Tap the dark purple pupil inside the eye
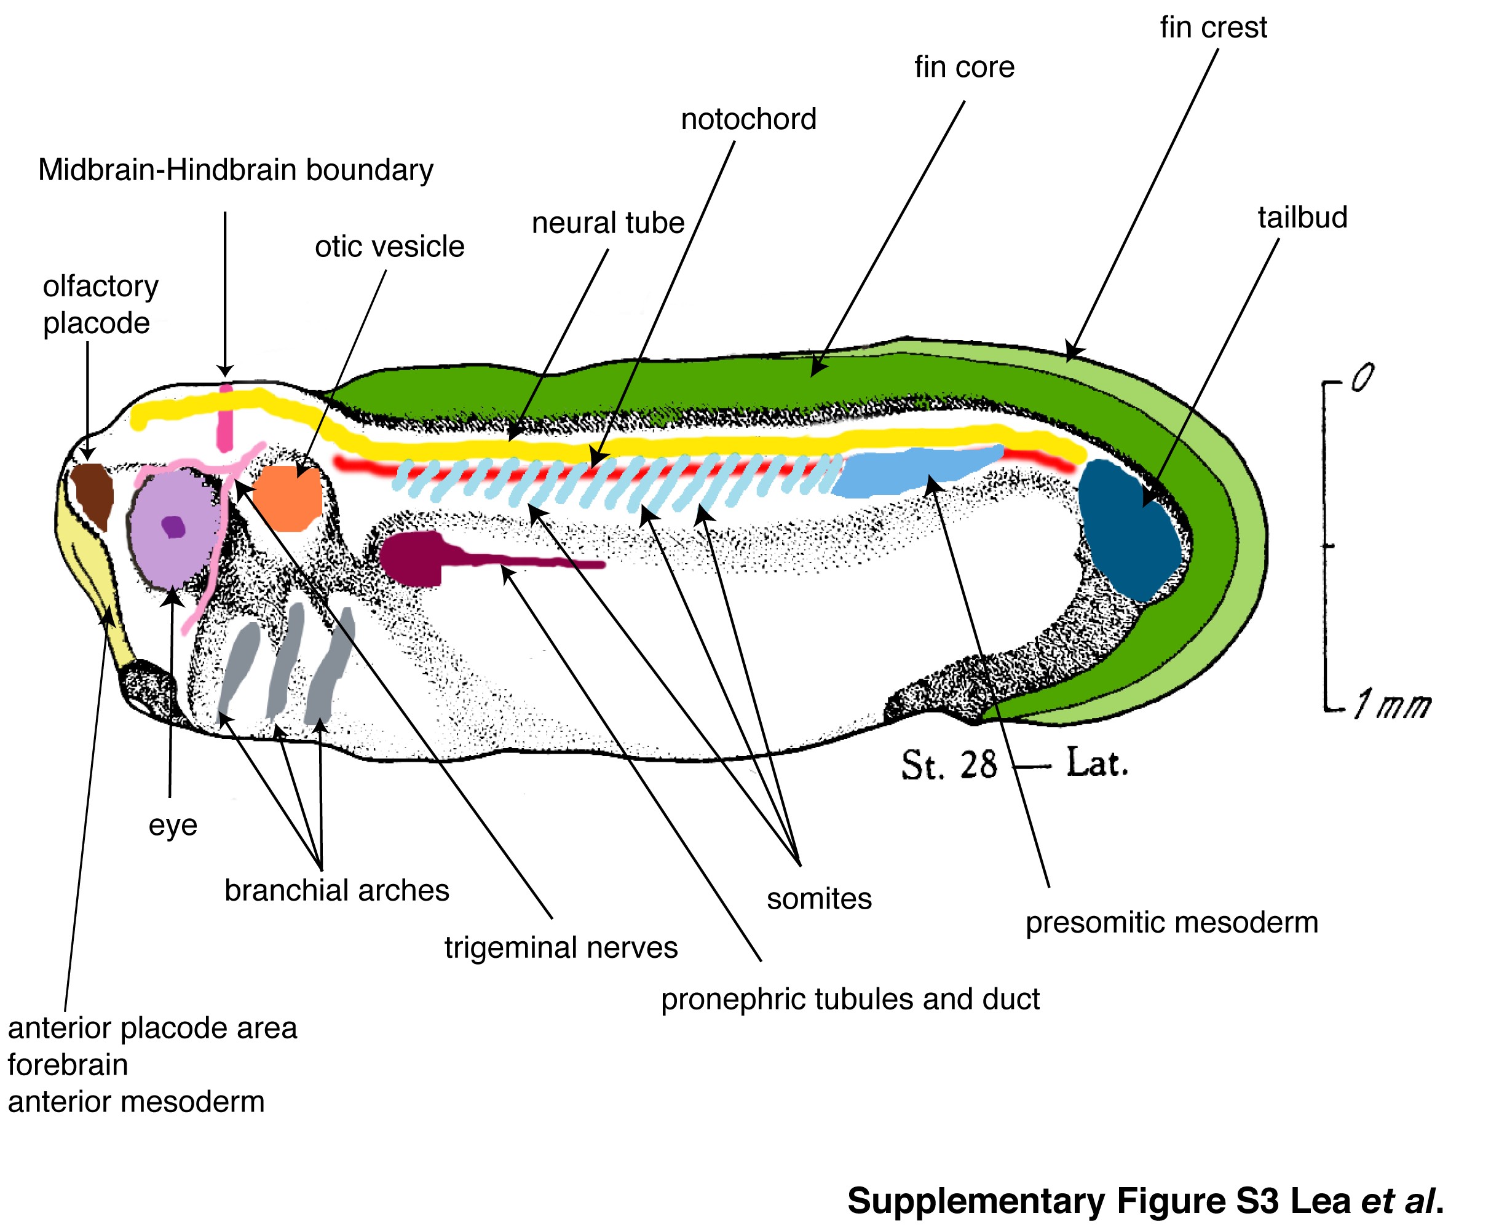tap(173, 527)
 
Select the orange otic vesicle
tap(288, 497)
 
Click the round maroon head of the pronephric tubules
tap(411, 558)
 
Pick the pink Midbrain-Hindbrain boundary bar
tap(225, 419)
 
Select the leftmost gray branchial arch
tap(238, 668)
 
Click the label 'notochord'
tap(748, 119)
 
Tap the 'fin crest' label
tap(1213, 28)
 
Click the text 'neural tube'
tap(607, 223)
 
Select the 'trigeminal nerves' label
tap(561, 947)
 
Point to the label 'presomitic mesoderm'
tap(1171, 923)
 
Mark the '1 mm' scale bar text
tap(1392, 705)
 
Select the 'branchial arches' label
tap(336, 890)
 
